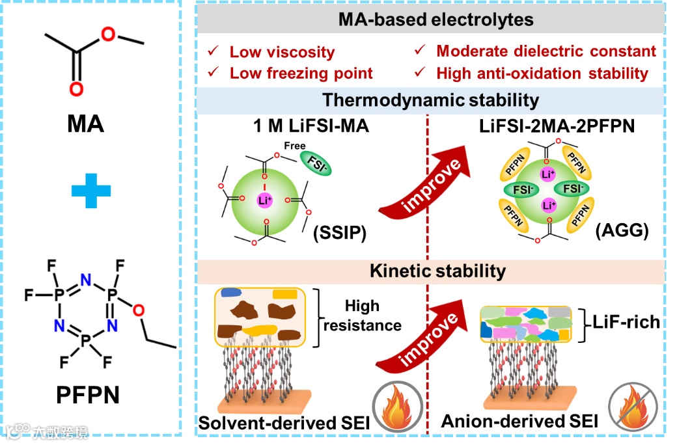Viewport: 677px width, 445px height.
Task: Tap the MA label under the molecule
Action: coord(85,122)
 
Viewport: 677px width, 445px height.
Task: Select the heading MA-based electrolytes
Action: coord(435,20)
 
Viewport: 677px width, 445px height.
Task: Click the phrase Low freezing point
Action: coord(301,73)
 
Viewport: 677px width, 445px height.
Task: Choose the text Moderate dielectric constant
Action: coord(546,51)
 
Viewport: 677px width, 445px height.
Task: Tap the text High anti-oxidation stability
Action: coord(542,73)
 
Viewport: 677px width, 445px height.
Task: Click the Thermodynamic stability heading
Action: coord(431,100)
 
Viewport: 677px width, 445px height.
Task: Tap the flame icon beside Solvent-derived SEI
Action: coord(393,409)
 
